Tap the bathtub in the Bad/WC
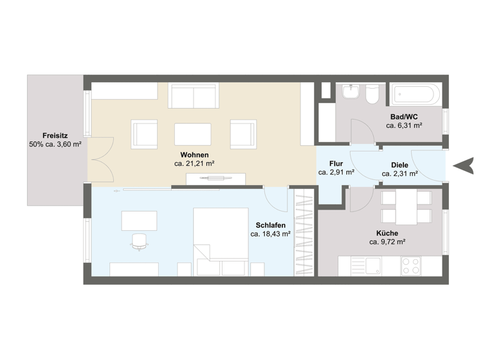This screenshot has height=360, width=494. tap(415, 95)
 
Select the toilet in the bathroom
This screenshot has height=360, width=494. tap(372, 95)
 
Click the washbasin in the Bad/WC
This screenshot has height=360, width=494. tap(351, 94)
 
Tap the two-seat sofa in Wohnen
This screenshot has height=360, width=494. tap(193, 97)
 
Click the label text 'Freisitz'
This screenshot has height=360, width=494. tap(55, 135)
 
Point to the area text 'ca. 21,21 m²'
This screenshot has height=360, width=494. tap(194, 164)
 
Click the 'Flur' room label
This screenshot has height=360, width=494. tap(336, 163)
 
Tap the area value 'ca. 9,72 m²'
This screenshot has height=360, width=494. tap(387, 242)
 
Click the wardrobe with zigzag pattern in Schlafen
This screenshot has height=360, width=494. tap(304, 235)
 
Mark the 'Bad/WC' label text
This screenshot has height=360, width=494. tap(404, 116)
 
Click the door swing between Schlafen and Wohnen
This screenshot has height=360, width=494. tap(277, 198)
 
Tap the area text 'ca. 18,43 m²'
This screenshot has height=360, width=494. tap(270, 235)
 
